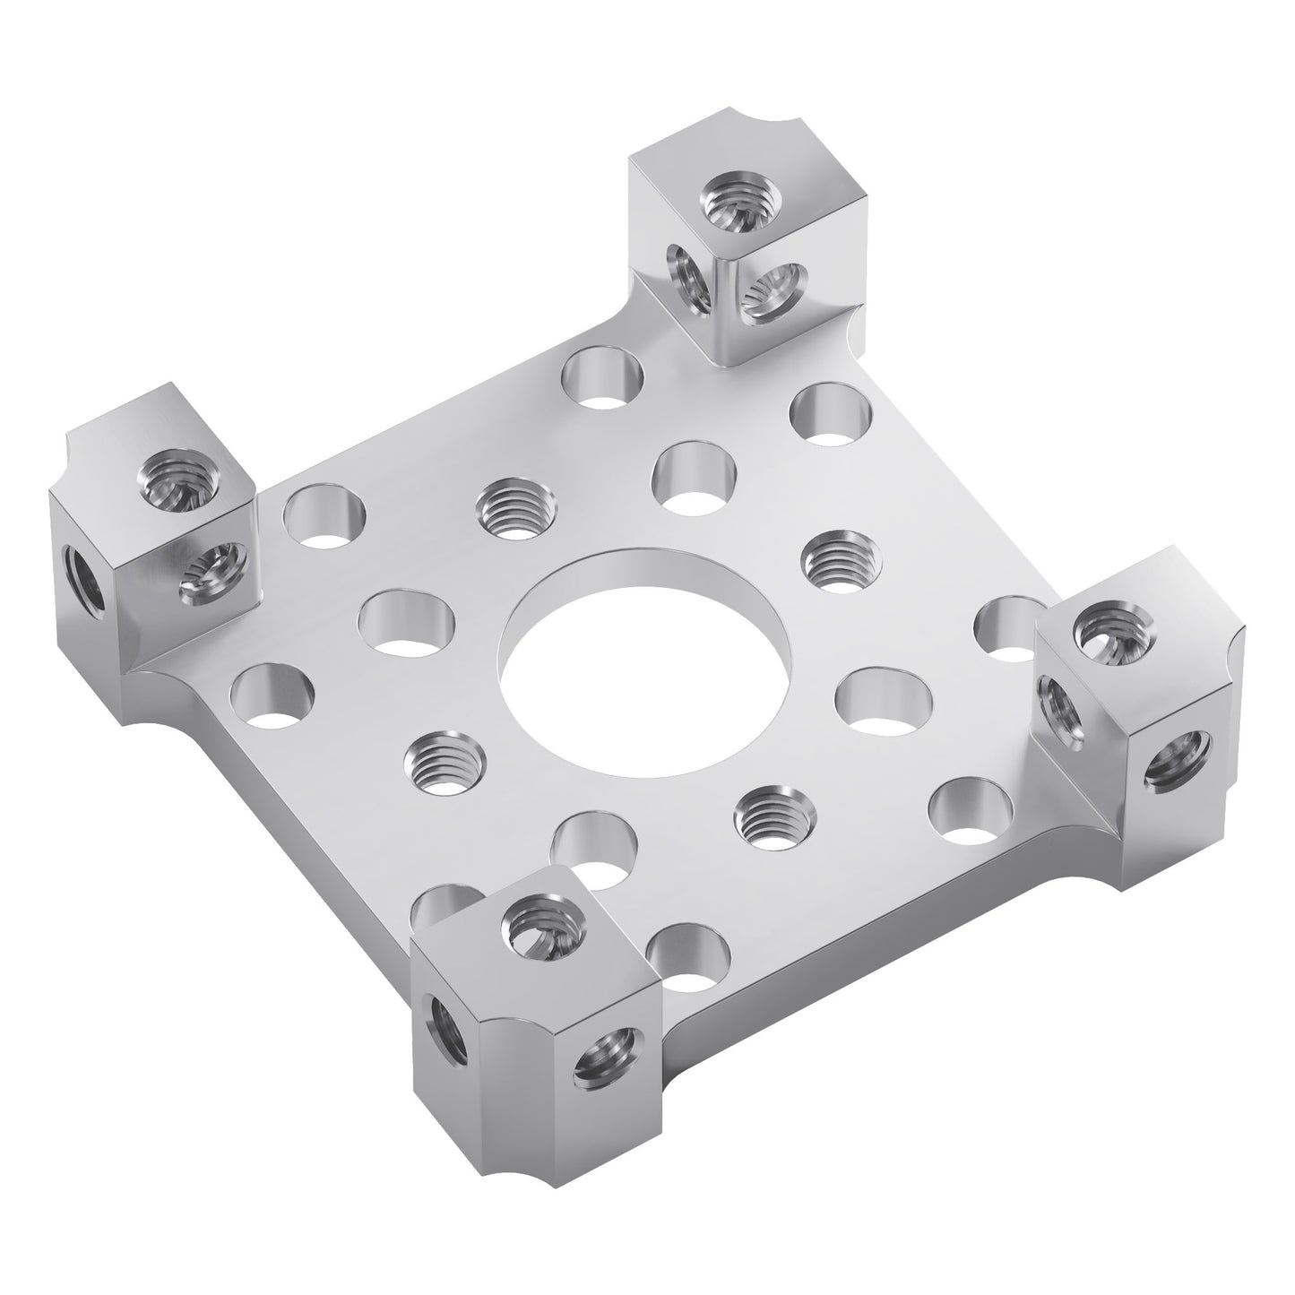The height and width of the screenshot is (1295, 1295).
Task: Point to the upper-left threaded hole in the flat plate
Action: tap(511, 506)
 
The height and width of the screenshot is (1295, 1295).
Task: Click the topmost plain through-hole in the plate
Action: tap(603, 376)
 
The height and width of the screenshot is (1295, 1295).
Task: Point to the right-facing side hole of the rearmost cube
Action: tap(773, 295)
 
